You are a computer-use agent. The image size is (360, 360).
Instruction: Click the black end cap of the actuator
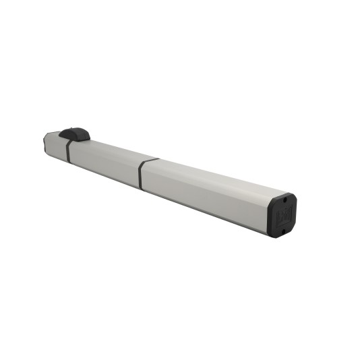pyautogui.click(x=282, y=214)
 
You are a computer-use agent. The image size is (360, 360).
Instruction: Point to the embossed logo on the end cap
pyautogui.click(x=282, y=215)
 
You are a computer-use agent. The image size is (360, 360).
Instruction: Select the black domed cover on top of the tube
pyautogui.click(x=75, y=134)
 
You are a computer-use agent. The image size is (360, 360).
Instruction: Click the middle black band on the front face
pyautogui.click(x=140, y=175)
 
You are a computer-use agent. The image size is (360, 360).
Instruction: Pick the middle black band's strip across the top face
pyautogui.click(x=150, y=161)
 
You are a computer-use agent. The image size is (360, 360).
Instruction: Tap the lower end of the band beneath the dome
pyautogui.click(x=67, y=158)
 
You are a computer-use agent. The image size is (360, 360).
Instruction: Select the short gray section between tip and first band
pyautogui.click(x=56, y=145)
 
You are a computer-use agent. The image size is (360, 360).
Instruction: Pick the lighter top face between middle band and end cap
pyautogui.click(x=216, y=179)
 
